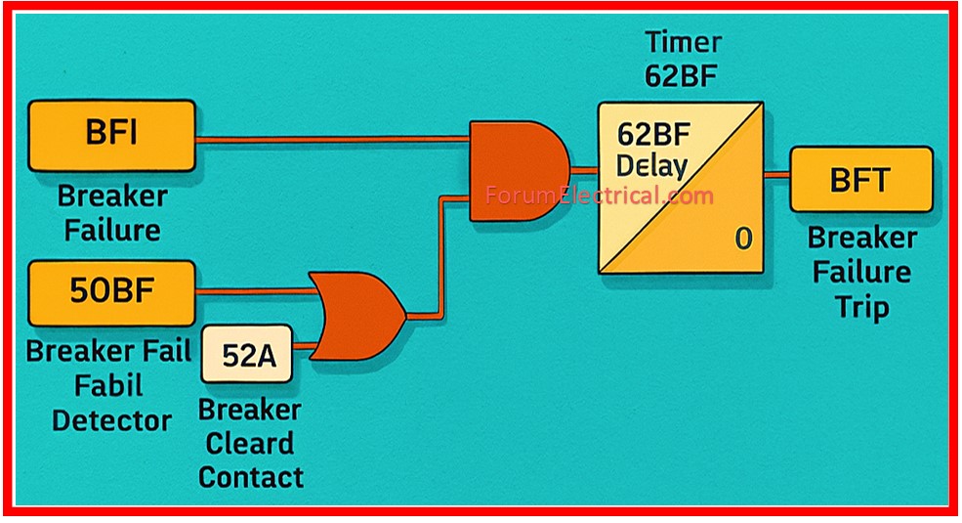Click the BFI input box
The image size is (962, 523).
pos(111,136)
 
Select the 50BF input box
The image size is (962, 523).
pos(111,291)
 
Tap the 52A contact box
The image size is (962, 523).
pos(246,355)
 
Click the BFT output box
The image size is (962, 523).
pos(860,179)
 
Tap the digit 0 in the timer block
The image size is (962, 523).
pos(743,238)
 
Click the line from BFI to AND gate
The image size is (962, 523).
pos(332,140)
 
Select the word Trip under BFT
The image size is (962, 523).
pos(861,307)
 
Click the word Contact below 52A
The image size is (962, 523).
pos(250,477)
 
